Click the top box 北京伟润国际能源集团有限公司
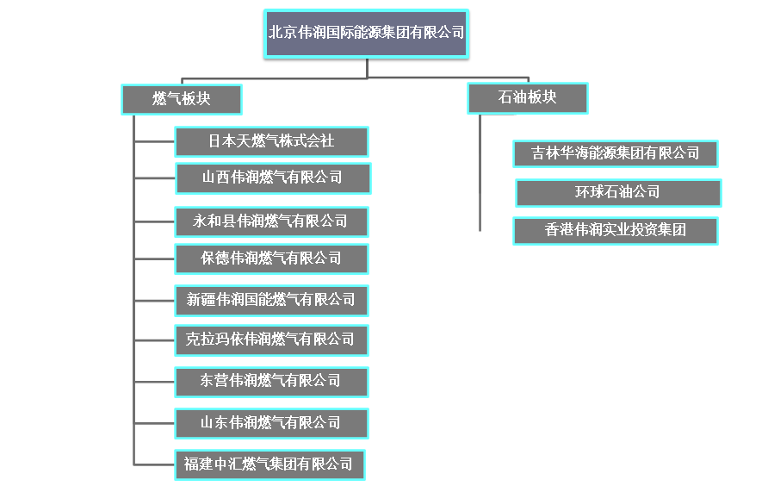pyautogui.click(x=366, y=34)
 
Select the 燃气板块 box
pyautogui.click(x=181, y=99)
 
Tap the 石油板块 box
pyautogui.click(x=527, y=97)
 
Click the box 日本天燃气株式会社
pyautogui.click(x=271, y=141)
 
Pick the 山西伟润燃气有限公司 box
pyautogui.click(x=272, y=178)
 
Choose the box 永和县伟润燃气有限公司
pyautogui.click(x=271, y=221)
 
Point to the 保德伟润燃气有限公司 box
pyautogui.click(x=271, y=259)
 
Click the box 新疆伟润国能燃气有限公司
pyautogui.click(x=271, y=300)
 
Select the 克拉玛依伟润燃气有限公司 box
pyautogui.click(x=270, y=340)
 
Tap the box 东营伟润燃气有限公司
pyautogui.click(x=271, y=381)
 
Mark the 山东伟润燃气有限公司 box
pyautogui.click(x=271, y=423)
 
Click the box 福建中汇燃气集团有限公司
pyautogui.click(x=269, y=464)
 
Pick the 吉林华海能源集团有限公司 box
pyautogui.click(x=616, y=153)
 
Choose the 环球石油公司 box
pyautogui.click(x=618, y=192)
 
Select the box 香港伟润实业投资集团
pyautogui.click(x=616, y=231)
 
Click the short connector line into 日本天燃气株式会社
pyautogui.click(x=155, y=141)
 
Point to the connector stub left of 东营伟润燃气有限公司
pyautogui.click(x=155, y=381)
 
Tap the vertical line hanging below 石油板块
pyautogui.click(x=480, y=172)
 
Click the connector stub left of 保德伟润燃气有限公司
pyautogui.click(x=155, y=259)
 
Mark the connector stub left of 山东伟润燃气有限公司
pyautogui.click(x=155, y=423)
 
